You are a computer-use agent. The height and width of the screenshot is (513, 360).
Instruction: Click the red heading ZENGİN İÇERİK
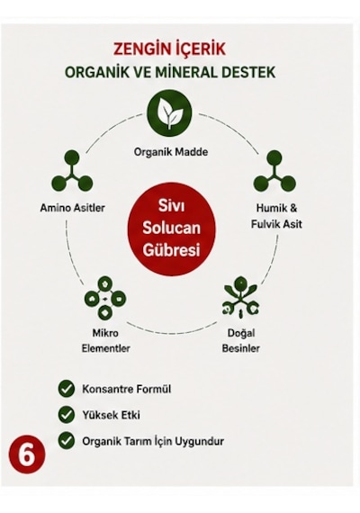click(x=169, y=49)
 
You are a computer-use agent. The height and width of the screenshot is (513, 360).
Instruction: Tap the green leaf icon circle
click(x=169, y=112)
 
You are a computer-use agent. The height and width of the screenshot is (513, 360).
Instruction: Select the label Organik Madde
click(x=171, y=152)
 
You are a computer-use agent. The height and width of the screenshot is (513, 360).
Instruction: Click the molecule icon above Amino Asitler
click(x=72, y=171)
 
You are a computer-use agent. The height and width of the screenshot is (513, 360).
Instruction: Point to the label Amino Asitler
click(x=73, y=208)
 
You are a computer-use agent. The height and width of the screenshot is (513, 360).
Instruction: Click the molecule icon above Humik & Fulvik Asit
click(x=274, y=171)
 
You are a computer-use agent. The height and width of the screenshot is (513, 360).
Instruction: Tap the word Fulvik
click(x=265, y=224)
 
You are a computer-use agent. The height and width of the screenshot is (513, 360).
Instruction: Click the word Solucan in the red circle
click(x=171, y=228)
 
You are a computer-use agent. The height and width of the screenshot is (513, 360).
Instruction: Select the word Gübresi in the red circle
click(x=172, y=250)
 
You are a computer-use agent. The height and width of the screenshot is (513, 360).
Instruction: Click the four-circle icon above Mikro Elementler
click(x=105, y=299)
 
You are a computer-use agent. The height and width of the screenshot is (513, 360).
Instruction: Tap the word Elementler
click(x=105, y=348)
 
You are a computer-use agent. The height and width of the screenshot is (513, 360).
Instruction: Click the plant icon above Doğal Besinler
click(x=241, y=297)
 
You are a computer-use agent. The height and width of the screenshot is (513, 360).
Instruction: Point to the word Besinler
click(x=241, y=348)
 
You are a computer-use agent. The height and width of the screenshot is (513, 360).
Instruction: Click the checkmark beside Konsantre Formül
click(x=67, y=389)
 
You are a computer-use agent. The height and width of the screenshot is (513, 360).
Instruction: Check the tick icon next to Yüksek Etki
click(x=67, y=415)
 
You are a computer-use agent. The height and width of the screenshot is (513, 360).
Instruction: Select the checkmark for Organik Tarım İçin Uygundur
click(x=67, y=440)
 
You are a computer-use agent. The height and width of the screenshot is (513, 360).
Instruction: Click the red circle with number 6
click(x=27, y=454)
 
